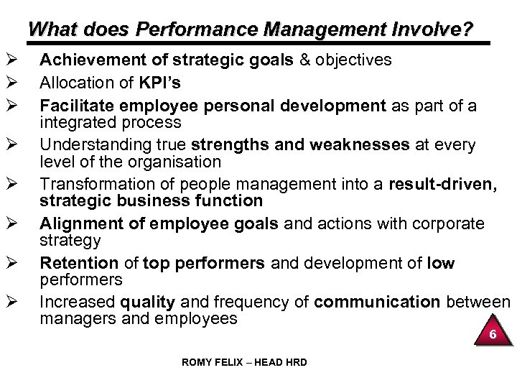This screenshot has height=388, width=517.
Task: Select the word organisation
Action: [180, 163]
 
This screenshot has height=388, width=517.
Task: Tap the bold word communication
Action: [371, 302]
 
